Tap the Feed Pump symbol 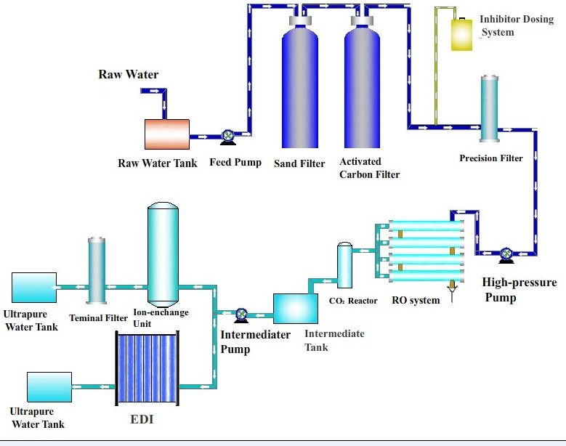point(227,135)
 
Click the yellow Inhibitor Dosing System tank point(462,34)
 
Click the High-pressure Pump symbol point(506,254)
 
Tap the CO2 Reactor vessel point(344,266)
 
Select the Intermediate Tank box point(295,308)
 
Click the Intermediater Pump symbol point(241,315)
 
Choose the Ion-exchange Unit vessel point(163,254)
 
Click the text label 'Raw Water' point(129,74)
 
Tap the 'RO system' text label point(416,300)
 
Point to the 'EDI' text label point(142,419)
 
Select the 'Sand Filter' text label point(299,163)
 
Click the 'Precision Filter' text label point(491,158)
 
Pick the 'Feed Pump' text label point(235,162)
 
